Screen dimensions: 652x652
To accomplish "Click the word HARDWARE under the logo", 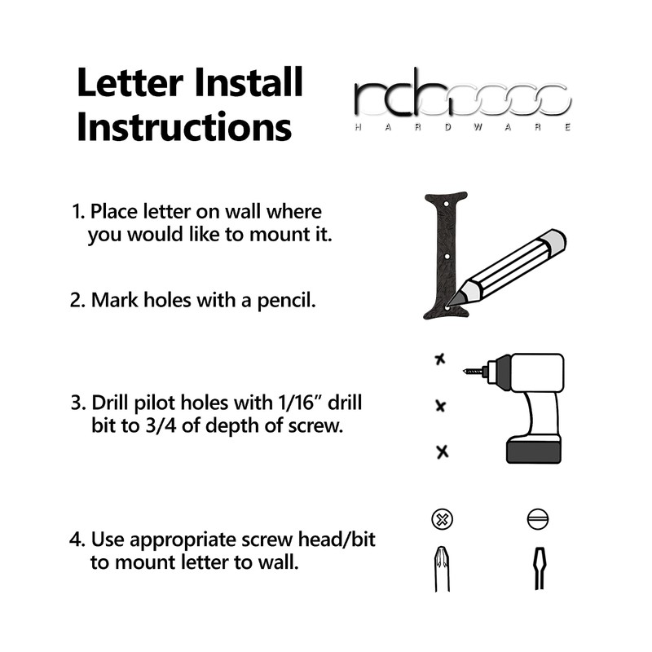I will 462,127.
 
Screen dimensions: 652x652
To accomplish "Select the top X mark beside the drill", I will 440,358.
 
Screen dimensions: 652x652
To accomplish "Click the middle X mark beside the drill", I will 441,405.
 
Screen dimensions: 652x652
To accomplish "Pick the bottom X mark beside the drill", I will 443,451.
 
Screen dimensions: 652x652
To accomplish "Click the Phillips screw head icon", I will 442,518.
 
